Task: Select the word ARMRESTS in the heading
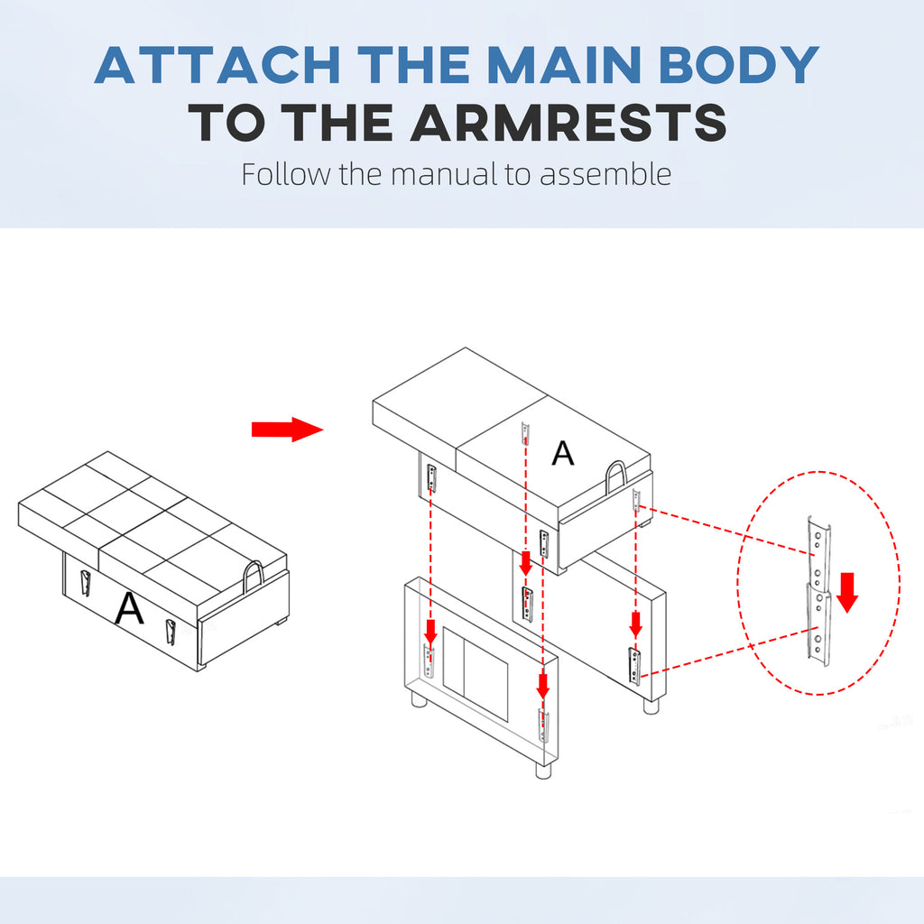click(x=568, y=122)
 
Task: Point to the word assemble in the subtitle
click(x=605, y=174)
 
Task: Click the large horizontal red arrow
click(x=288, y=430)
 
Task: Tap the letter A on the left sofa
click(x=129, y=608)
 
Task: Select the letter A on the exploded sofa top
click(x=563, y=454)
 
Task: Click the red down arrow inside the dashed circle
click(x=847, y=592)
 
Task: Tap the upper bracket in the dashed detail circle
click(x=818, y=554)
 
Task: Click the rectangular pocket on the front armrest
click(x=475, y=674)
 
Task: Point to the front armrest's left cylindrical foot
click(x=418, y=698)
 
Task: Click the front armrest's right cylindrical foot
click(x=543, y=771)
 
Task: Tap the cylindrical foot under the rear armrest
click(x=651, y=706)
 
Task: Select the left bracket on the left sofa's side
click(x=86, y=584)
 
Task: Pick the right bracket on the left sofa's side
click(x=171, y=633)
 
